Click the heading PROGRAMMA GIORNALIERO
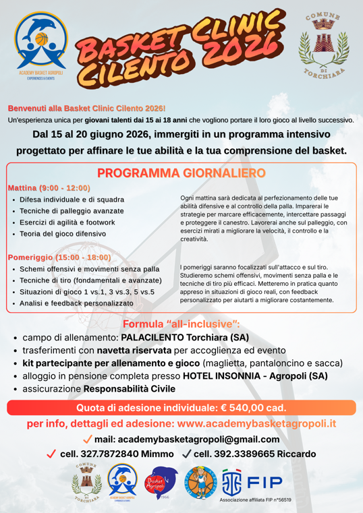[x=181, y=173]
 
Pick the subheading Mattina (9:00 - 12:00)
[x=48, y=187]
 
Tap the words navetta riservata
[x=134, y=350]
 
